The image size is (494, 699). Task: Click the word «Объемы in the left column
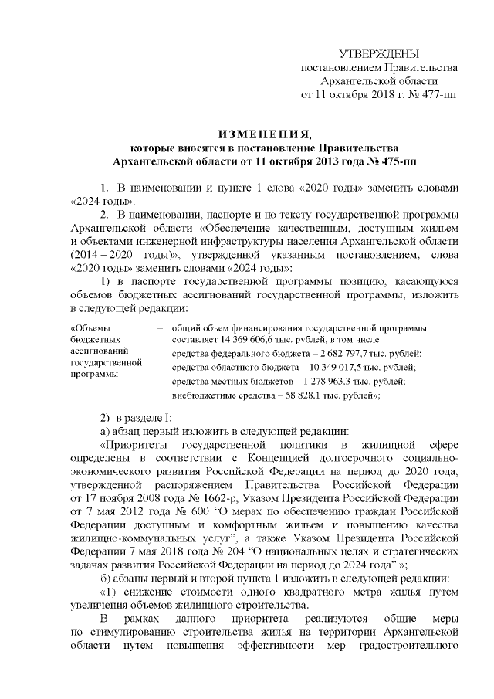click(90, 327)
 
